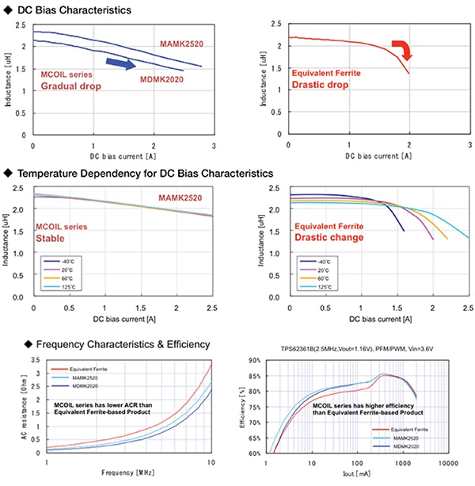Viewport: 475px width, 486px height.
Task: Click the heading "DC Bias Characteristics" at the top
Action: point(74,10)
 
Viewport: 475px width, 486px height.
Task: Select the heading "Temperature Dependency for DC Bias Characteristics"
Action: point(145,173)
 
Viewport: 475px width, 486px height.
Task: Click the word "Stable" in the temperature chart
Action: point(51,237)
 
